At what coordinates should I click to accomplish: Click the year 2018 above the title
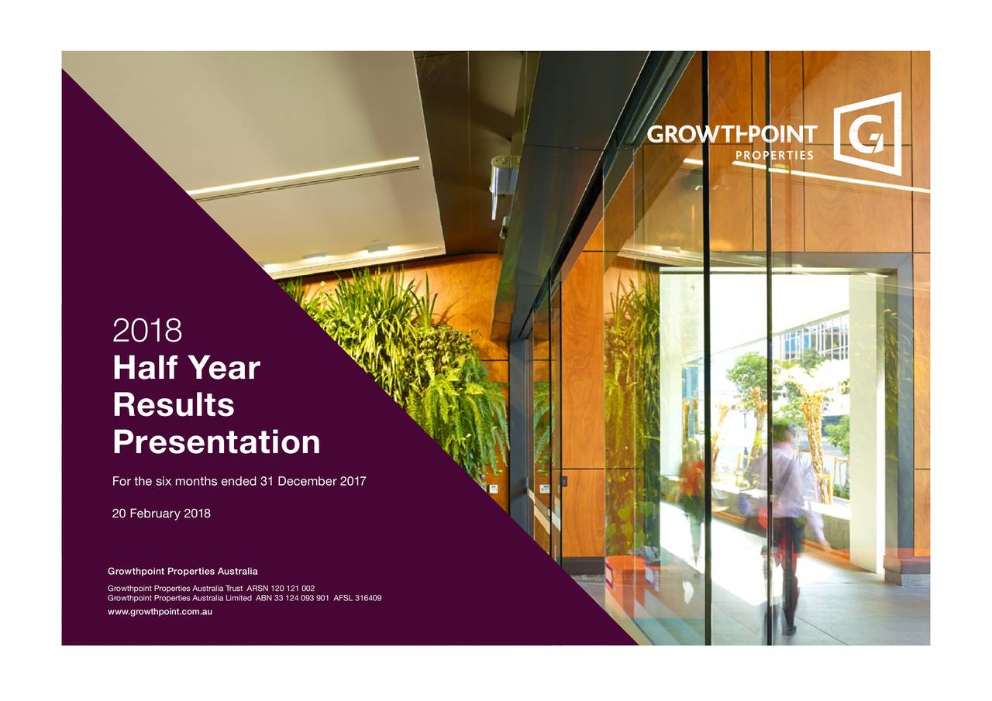pyautogui.click(x=147, y=331)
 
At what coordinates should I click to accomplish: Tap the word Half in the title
pyautogui.click(x=146, y=367)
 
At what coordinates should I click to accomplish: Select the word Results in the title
pyautogui.click(x=173, y=405)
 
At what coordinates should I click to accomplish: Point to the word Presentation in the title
pyautogui.click(x=216, y=443)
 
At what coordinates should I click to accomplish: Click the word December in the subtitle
pyautogui.click(x=308, y=482)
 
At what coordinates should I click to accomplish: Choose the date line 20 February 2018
pyautogui.click(x=161, y=514)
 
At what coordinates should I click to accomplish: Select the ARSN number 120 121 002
pyautogui.click(x=292, y=589)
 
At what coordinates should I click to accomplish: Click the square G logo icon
pyautogui.click(x=867, y=134)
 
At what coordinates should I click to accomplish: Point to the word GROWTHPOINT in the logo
pyautogui.click(x=732, y=135)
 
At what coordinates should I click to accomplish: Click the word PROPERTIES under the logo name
pyautogui.click(x=773, y=156)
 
